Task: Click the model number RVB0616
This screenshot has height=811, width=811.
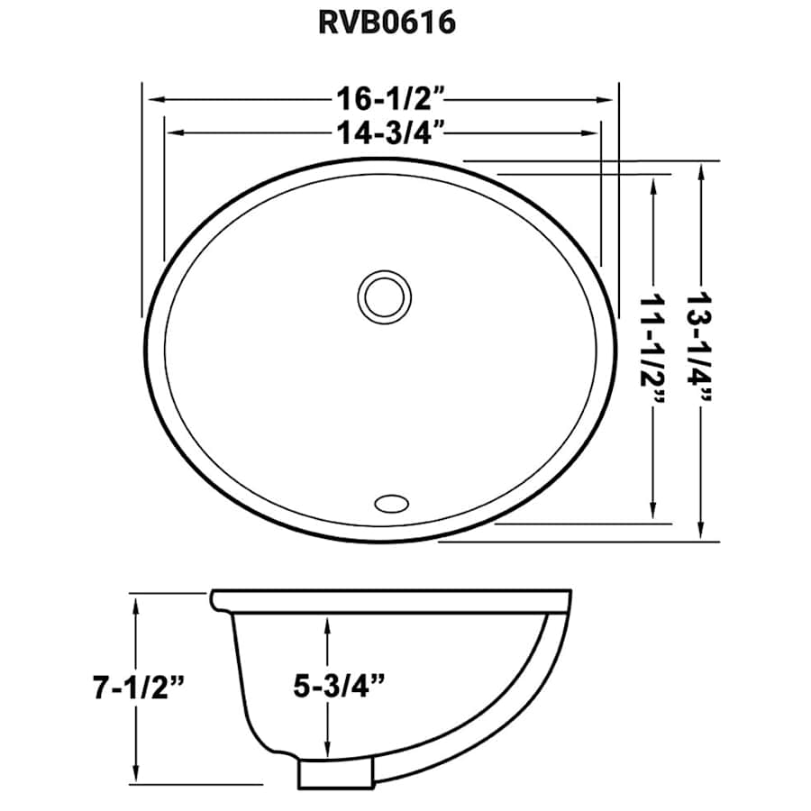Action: [x=385, y=22]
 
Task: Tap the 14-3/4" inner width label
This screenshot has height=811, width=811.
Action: [x=385, y=132]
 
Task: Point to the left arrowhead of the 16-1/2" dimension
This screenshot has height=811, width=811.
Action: [x=153, y=96]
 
